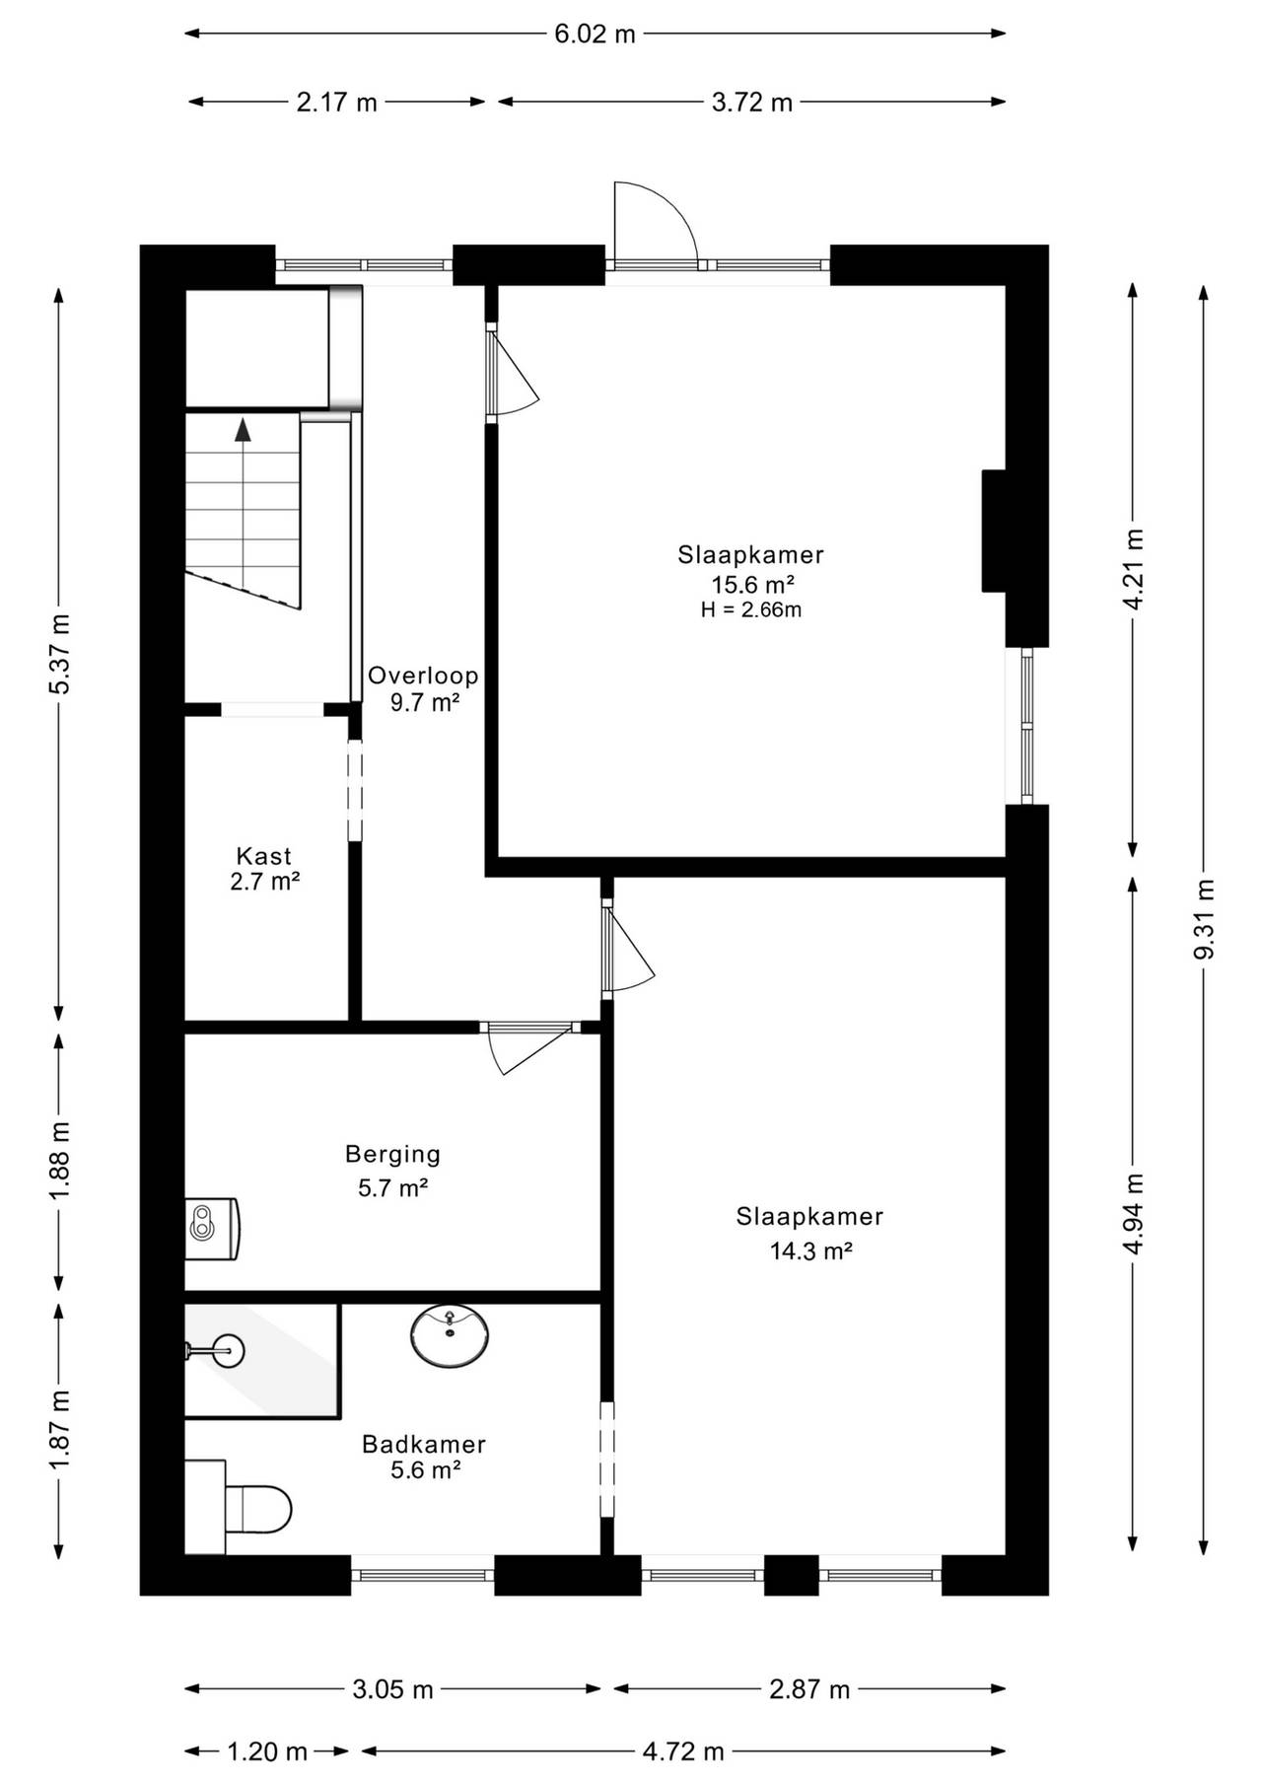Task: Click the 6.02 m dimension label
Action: [595, 34]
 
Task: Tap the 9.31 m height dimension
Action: [1203, 919]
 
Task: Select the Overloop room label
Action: [423, 676]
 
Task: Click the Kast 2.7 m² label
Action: [264, 869]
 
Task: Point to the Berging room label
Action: [392, 1154]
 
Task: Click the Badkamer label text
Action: [424, 1445]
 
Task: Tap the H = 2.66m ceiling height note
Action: [751, 610]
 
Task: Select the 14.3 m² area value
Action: [810, 1251]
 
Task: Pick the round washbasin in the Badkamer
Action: [451, 1336]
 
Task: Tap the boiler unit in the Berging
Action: [213, 1228]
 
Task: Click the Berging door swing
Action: [528, 1047]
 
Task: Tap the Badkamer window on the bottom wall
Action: [422, 1575]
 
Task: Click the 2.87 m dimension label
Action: [809, 1689]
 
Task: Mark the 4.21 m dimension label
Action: [1134, 569]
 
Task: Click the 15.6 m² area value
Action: [754, 585]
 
